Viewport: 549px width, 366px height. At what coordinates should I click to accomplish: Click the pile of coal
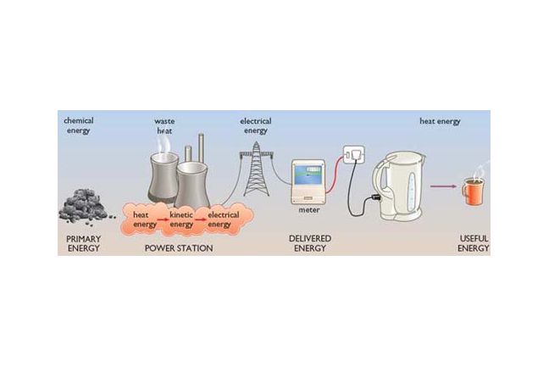85,206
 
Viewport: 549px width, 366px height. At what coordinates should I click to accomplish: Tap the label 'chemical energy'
79,126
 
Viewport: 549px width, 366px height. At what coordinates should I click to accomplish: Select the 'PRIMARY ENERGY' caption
84,245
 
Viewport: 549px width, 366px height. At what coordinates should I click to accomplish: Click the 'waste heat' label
165,126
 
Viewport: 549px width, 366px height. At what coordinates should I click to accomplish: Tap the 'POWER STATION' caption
179,249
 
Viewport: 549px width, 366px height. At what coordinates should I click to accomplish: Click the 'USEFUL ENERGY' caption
474,245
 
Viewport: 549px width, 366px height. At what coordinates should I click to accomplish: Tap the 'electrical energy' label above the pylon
256,126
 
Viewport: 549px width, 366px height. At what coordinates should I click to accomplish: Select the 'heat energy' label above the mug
440,122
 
